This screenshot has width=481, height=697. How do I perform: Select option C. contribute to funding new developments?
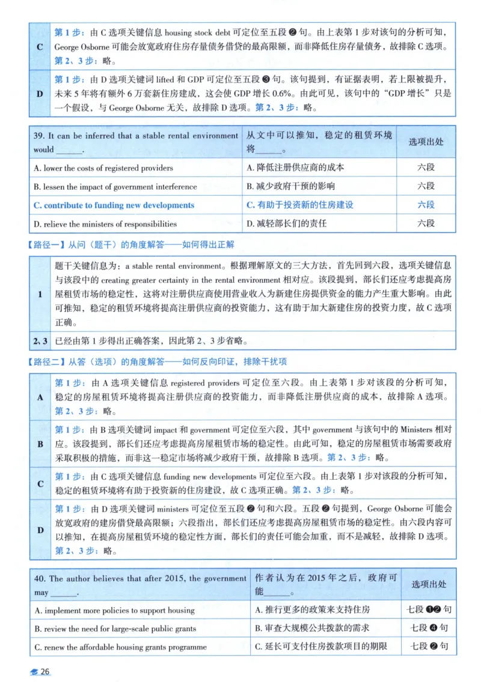pyautogui.click(x=114, y=205)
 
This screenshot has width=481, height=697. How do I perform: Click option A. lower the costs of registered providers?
pyautogui.click(x=103, y=167)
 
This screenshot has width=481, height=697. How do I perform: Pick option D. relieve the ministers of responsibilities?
pyautogui.click(x=106, y=223)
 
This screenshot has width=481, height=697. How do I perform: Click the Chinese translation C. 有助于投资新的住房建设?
pyautogui.click(x=300, y=205)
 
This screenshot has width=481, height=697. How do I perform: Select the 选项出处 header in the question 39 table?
pyautogui.click(x=426, y=142)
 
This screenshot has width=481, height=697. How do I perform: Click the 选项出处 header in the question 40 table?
pyautogui.click(x=429, y=584)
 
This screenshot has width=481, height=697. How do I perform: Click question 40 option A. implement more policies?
pyautogui.click(x=115, y=610)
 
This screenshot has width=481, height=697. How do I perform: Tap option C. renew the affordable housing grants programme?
pyautogui.click(x=121, y=647)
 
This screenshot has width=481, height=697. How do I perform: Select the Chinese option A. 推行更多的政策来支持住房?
pyautogui.click(x=313, y=610)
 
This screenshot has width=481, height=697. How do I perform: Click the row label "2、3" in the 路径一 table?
pyautogui.click(x=40, y=340)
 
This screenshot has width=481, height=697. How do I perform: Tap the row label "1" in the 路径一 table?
pyautogui.click(x=40, y=294)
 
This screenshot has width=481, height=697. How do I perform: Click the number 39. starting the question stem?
pyautogui.click(x=40, y=136)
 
